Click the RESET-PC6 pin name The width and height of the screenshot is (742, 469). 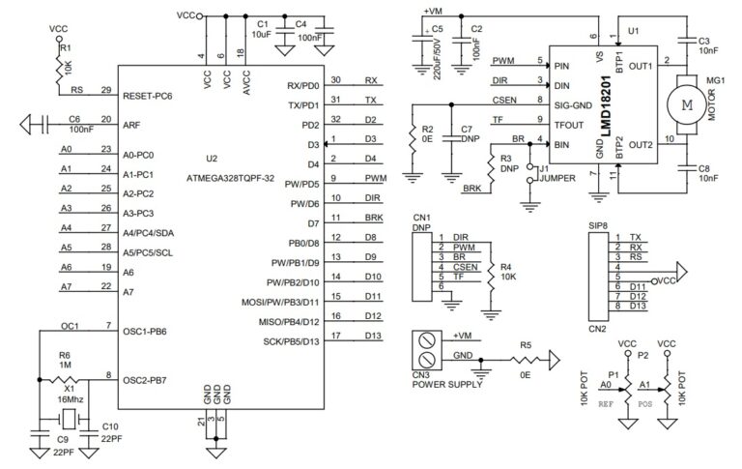[x=148, y=98]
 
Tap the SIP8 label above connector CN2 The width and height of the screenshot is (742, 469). [x=600, y=224]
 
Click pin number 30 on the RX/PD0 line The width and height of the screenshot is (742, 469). [x=335, y=80]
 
